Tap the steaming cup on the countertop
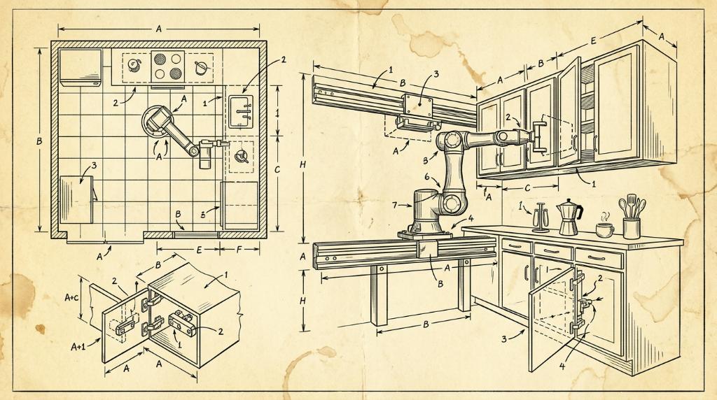coord(604,229)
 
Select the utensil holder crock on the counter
coord(631,228)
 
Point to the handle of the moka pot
coord(579,213)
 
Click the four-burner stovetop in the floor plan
coord(168,66)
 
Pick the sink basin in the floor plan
coord(241,111)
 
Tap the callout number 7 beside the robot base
coord(394,206)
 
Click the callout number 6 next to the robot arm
coord(427,176)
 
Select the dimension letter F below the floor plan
coord(239,250)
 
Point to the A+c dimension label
coord(72,297)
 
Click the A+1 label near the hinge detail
coord(78,347)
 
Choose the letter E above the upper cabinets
coord(593,41)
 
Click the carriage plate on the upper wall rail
coord(417,106)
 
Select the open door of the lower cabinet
coord(552,317)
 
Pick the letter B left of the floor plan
coord(39,141)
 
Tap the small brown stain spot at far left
coord(40,329)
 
